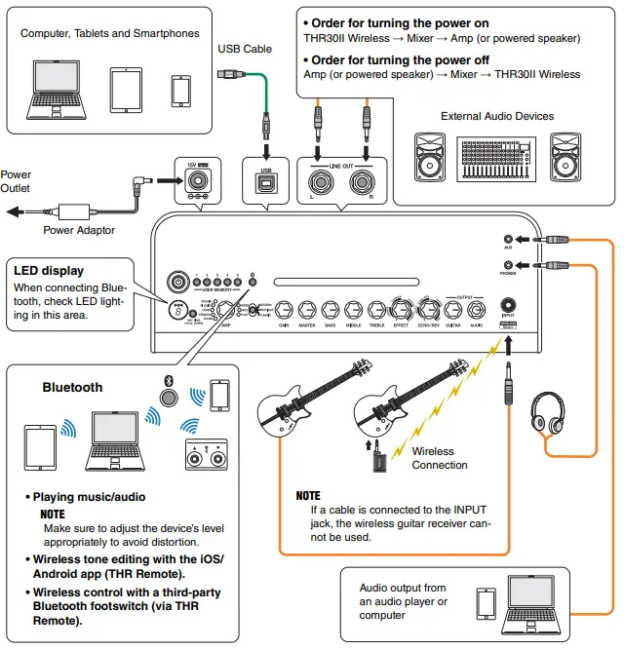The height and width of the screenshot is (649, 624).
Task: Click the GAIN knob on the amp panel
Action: click(x=283, y=312)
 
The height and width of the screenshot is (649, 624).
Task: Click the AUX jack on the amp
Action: click(x=508, y=239)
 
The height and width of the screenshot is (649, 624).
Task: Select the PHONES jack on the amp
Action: click(x=508, y=264)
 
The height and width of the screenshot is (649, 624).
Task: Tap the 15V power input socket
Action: click(x=198, y=182)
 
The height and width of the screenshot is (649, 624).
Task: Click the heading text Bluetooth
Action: click(x=72, y=387)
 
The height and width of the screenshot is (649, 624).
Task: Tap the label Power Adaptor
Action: click(x=79, y=231)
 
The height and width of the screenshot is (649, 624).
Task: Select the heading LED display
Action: click(x=49, y=270)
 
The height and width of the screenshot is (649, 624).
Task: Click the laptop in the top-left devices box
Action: click(x=58, y=90)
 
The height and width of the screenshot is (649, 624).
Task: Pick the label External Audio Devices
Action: click(x=496, y=116)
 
